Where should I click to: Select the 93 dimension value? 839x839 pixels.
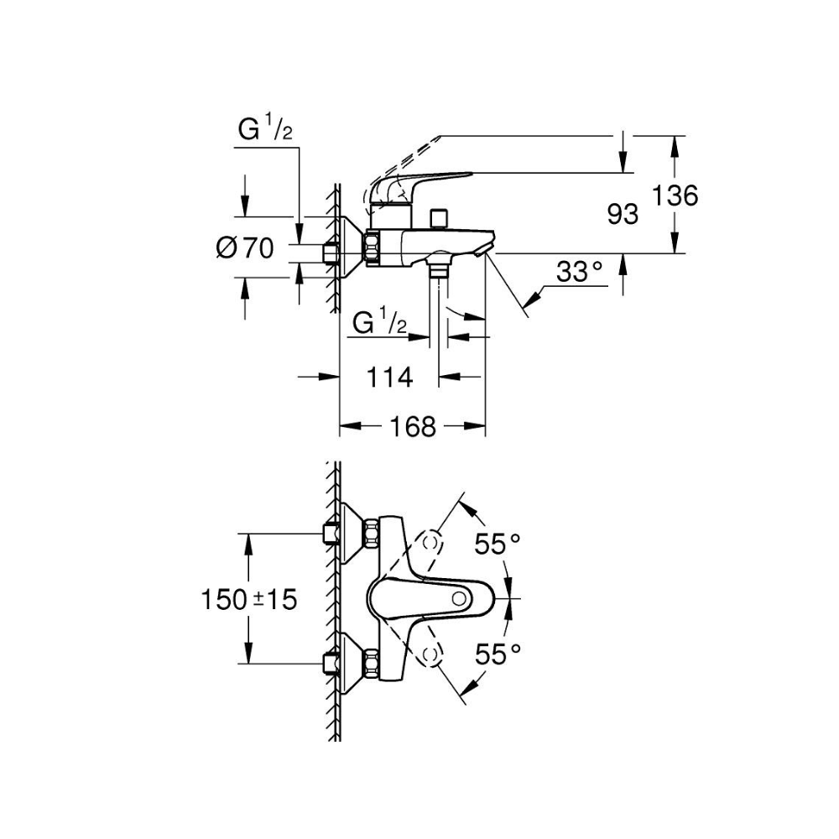(622, 215)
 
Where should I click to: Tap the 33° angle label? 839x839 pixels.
(581, 272)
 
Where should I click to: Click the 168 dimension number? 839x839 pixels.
(413, 427)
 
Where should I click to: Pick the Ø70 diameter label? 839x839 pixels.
(244, 248)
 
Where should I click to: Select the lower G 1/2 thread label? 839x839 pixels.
(379, 323)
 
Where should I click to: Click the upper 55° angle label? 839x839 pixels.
(498, 545)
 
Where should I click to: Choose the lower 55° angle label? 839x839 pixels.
(498, 653)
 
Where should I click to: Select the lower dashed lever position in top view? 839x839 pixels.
(431, 655)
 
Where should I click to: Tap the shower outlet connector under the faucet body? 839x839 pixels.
(437, 269)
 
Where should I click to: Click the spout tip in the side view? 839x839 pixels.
(485, 250)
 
